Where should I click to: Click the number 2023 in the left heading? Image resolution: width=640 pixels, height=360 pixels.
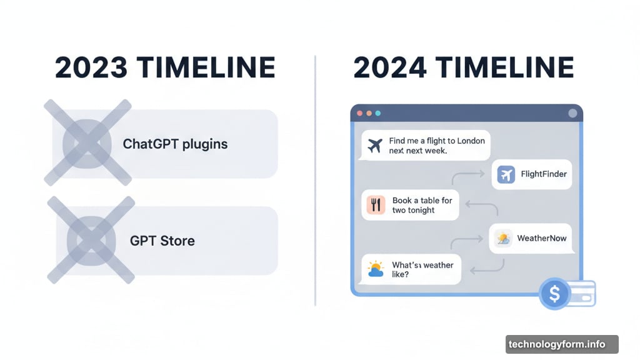coord(91,67)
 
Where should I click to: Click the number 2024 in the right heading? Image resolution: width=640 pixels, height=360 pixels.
coord(390,67)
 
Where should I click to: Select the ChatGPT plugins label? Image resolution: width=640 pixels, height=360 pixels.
coord(175,144)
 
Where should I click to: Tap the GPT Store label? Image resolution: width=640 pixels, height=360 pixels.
coord(162,241)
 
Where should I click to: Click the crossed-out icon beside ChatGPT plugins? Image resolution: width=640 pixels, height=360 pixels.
coord(87,143)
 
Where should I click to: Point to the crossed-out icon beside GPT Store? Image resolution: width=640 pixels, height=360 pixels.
coord(91,240)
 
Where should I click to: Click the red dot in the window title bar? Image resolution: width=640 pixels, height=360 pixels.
coord(359,113)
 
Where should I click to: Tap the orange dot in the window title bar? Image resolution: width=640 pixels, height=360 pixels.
coord(369,113)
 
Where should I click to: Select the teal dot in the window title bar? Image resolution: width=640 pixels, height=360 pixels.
coord(378,113)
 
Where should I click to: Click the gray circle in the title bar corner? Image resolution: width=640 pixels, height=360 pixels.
coord(572,113)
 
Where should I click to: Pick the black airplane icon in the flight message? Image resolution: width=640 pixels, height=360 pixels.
coord(375,145)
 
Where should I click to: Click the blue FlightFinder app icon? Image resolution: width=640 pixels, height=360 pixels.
coord(506,175)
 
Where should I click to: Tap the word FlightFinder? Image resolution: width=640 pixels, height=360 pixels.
coord(544,174)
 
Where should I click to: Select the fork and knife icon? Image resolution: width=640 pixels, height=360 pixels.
coord(376,205)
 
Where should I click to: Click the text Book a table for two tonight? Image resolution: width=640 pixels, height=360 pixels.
coord(422,205)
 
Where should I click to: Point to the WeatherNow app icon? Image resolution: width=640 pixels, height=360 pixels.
coord(503,239)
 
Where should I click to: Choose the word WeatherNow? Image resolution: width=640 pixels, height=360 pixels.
coord(542,238)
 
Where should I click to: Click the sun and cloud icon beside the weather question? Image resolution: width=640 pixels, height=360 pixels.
coord(376,269)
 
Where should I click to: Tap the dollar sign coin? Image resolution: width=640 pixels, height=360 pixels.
coord(554,294)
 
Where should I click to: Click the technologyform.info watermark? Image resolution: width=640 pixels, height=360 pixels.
coord(557,344)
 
